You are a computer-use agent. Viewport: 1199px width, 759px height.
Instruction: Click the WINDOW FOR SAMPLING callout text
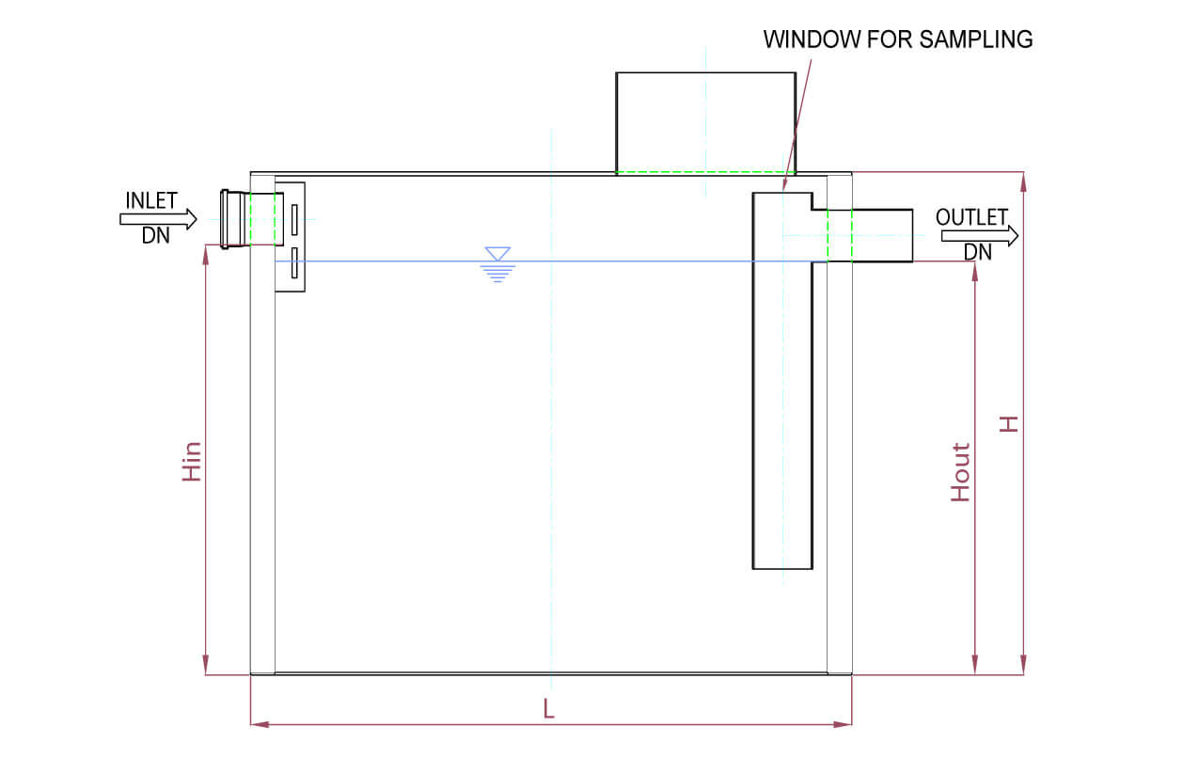pyautogui.click(x=897, y=40)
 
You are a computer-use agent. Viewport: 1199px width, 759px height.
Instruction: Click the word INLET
pyautogui.click(x=151, y=201)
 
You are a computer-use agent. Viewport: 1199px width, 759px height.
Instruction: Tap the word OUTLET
pyautogui.click(x=971, y=217)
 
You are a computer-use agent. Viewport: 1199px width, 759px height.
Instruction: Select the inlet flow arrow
pyautogui.click(x=158, y=219)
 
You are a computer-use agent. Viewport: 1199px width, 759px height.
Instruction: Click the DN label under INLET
pyautogui.click(x=156, y=236)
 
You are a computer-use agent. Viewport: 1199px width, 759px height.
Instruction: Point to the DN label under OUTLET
pyautogui.click(x=978, y=252)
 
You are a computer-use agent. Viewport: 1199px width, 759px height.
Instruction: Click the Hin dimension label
pyautogui.click(x=192, y=461)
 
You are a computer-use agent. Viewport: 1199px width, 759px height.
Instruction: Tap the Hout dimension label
pyautogui.click(x=960, y=472)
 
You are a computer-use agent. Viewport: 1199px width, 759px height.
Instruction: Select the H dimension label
pyautogui.click(x=1009, y=424)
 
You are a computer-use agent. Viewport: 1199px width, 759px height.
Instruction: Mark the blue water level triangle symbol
pyautogui.click(x=497, y=254)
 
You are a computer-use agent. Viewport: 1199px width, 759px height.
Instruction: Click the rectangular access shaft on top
pyautogui.click(x=705, y=122)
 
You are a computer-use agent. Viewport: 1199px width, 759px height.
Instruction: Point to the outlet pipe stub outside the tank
pyautogui.click(x=882, y=235)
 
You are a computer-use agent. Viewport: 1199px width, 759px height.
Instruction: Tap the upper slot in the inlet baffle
pyautogui.click(x=294, y=220)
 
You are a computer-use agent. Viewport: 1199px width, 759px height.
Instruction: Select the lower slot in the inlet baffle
pyautogui.click(x=294, y=263)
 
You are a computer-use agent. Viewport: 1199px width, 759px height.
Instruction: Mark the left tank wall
pyautogui.click(x=262, y=423)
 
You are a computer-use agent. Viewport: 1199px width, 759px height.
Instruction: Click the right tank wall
pyautogui.click(x=839, y=423)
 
